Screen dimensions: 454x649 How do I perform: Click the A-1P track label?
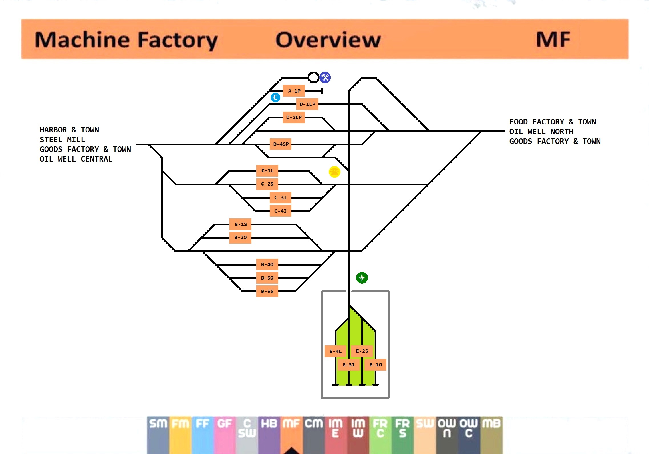294,91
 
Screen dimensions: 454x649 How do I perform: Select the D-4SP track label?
281,144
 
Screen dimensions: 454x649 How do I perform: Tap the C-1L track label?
267,171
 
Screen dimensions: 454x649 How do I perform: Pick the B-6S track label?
267,291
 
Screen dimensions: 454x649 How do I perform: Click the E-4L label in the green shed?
335,351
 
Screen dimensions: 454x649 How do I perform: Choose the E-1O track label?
376,365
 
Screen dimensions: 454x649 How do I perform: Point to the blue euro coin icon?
275,97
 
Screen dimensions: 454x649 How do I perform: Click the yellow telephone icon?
334,172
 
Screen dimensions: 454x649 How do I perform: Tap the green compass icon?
362,278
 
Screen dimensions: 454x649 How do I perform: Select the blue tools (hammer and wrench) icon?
325,77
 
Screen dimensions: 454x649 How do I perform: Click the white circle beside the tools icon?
313,77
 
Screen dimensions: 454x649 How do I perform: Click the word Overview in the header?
328,40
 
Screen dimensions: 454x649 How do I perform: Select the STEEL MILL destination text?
62,140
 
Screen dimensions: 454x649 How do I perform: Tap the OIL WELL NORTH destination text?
541,132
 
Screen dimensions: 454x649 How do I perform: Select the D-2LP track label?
294,117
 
